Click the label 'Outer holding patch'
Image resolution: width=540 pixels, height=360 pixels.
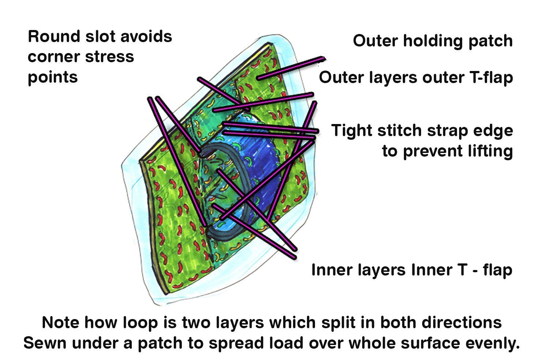point(432,41)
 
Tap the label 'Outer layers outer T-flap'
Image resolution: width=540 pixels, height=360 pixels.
point(416,78)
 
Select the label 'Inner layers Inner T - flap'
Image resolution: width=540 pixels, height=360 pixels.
point(411,270)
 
